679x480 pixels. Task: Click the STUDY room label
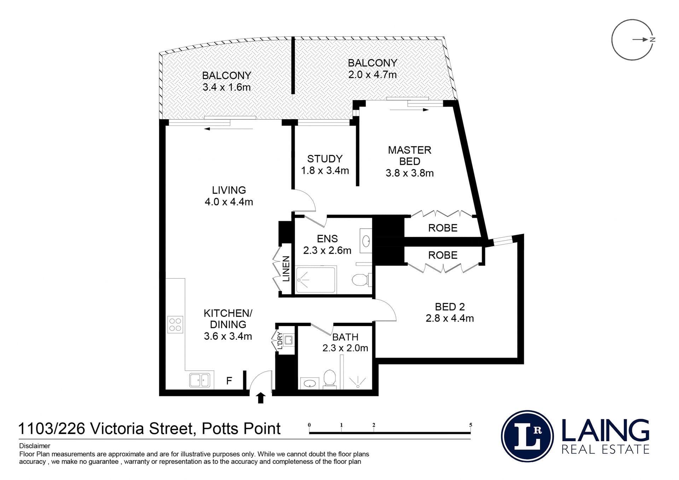(325, 158)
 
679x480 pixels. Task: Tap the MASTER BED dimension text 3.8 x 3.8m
(410, 173)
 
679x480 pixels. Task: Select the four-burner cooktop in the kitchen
(175, 324)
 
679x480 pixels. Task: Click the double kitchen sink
(200, 380)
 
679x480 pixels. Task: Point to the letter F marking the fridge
(229, 381)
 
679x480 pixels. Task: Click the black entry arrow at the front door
(261, 398)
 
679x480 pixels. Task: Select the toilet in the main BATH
(330, 379)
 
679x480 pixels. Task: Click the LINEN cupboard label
(286, 268)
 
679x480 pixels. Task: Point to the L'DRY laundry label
(280, 341)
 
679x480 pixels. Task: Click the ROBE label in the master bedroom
(443, 228)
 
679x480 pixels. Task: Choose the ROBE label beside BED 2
(443, 255)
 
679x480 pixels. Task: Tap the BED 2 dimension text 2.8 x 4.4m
(449, 318)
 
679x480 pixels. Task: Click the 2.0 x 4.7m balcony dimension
(372, 75)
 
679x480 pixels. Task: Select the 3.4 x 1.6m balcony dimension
(226, 87)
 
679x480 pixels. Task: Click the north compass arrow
(640, 40)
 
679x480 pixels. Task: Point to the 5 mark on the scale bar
(470, 425)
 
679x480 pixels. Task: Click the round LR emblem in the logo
(527, 436)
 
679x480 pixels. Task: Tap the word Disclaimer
(35, 446)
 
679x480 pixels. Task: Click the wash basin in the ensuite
(366, 241)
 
